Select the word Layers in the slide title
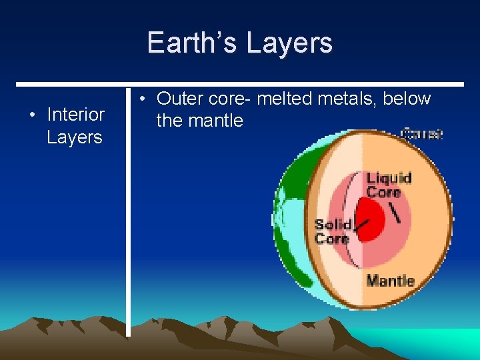coord(289,43)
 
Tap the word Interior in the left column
coord(75,115)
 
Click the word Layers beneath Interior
coord(74,137)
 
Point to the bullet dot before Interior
coord(32,115)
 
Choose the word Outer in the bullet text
coord(181,99)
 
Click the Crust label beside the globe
coord(421,133)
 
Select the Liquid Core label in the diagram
coord(389,185)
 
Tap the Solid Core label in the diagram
coord(333,231)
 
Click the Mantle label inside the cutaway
coord(390,281)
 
